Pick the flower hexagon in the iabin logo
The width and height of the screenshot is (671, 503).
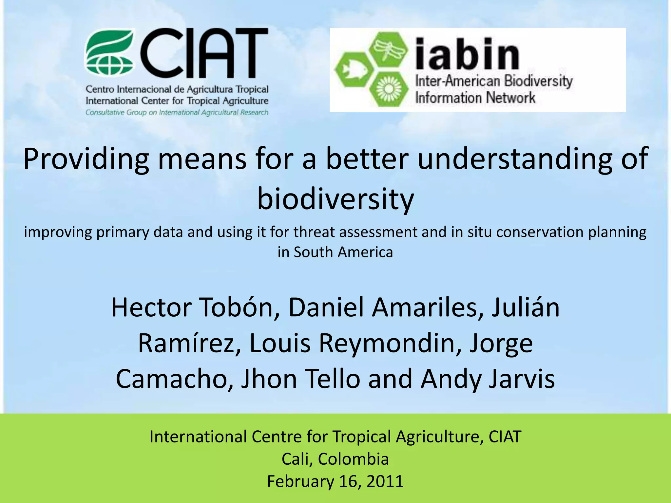pos(389,89)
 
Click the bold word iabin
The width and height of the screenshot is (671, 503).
pos(467,54)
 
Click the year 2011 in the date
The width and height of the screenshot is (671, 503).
pos(385,481)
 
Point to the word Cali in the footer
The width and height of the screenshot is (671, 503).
pos(295,459)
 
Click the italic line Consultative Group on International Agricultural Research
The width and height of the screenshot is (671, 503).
pos(177,113)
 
